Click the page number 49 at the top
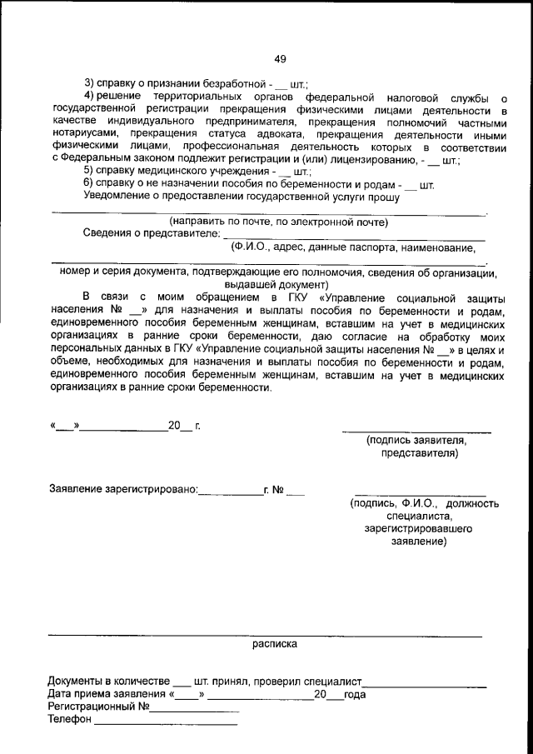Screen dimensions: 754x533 (280, 58)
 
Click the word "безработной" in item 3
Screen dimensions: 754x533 (237, 84)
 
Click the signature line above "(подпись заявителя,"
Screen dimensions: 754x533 (416, 432)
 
